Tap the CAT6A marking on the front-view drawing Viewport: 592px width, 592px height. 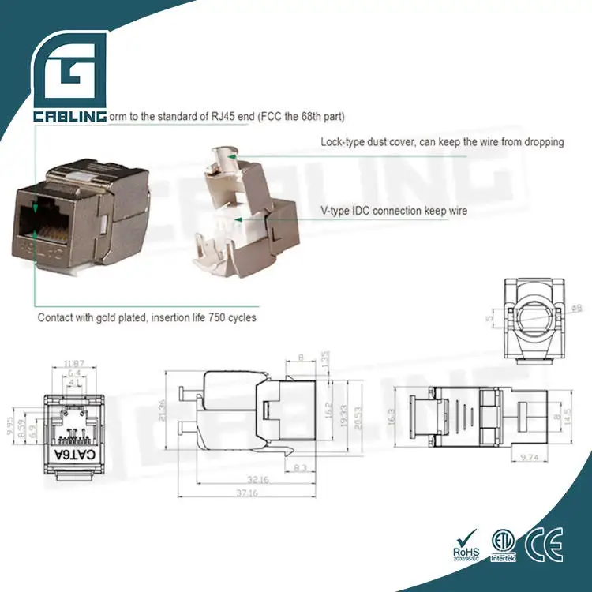tap(76, 456)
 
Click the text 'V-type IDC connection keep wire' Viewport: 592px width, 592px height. tap(394, 211)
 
